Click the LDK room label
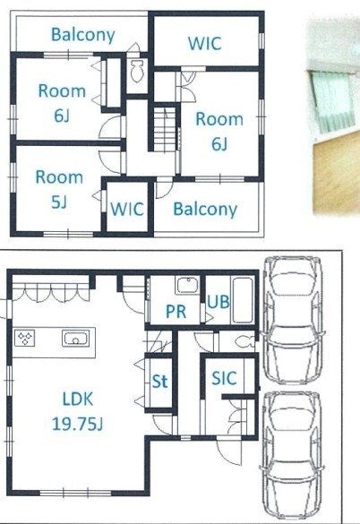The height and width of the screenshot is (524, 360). (x=78, y=399)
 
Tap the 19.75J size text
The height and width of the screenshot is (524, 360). (x=78, y=424)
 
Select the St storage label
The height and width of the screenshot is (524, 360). (x=159, y=381)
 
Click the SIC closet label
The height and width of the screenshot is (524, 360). (x=224, y=378)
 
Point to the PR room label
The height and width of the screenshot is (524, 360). (x=176, y=312)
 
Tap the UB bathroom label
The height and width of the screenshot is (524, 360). (x=219, y=302)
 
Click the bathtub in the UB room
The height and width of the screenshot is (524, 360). (x=242, y=300)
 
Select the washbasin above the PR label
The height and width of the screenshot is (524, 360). (x=188, y=285)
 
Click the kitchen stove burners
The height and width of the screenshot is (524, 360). (x=25, y=338)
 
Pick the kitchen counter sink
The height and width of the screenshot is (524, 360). (x=76, y=339)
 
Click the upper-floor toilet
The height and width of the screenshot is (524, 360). (x=137, y=71)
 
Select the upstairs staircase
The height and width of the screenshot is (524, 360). (x=165, y=129)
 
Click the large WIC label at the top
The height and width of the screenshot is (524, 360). (x=204, y=43)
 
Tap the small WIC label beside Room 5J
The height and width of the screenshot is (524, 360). (x=127, y=209)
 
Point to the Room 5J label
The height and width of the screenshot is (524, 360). (x=59, y=189)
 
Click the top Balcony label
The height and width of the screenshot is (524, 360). (x=83, y=35)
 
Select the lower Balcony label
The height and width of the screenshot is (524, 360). (x=205, y=210)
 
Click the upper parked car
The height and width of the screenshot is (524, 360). (x=293, y=320)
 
